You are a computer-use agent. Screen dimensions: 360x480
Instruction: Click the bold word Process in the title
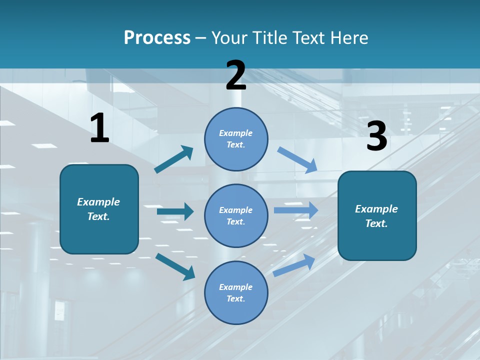(x=157, y=38)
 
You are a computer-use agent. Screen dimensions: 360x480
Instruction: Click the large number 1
(x=99, y=128)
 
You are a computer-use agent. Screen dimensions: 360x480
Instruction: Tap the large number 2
(x=236, y=76)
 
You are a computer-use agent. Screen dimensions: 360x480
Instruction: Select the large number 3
(x=377, y=136)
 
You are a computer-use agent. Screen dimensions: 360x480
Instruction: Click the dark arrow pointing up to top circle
(x=173, y=159)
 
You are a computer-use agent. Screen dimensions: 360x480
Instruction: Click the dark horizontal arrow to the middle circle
(x=175, y=211)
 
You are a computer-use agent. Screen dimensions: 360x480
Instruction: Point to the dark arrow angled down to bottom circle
(x=175, y=266)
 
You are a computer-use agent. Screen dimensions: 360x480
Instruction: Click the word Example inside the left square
(x=98, y=202)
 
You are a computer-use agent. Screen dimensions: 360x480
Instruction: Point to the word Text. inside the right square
(x=376, y=223)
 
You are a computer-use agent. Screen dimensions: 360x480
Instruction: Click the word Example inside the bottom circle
(x=236, y=287)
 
